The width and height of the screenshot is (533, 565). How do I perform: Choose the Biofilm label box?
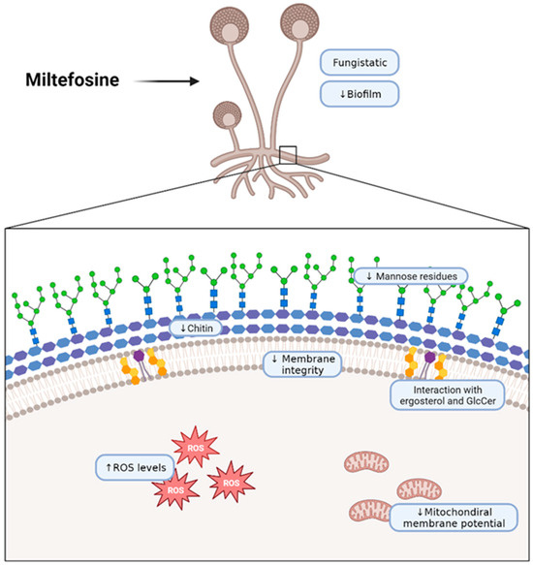361,94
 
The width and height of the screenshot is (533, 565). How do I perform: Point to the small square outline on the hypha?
287,152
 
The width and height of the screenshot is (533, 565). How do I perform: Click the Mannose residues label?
412,276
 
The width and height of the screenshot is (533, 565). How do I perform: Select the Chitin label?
204,330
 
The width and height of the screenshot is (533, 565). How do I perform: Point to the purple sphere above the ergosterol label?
429,358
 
